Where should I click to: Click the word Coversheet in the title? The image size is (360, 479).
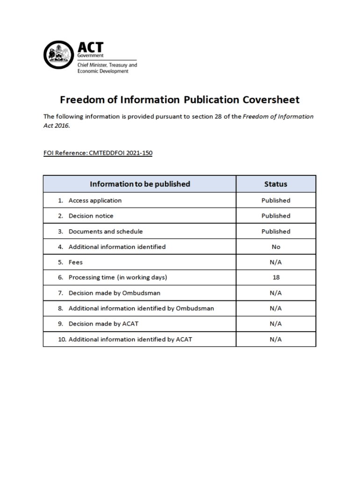point(271,100)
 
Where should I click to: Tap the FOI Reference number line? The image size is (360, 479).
point(98,153)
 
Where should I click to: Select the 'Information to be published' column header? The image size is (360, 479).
point(140,184)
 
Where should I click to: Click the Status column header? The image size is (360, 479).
point(275,184)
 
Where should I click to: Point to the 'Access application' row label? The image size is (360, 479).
point(95,200)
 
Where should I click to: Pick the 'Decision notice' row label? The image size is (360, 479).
point(91,216)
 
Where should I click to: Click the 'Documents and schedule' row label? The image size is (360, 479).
point(106,231)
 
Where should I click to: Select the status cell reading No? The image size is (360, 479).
point(276,247)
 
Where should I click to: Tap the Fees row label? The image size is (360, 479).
point(75,262)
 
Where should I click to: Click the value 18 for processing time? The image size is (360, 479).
point(276,277)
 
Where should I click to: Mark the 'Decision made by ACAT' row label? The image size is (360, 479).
point(103,324)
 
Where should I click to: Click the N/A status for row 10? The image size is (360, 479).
point(276,339)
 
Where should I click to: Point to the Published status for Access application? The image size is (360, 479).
point(276,200)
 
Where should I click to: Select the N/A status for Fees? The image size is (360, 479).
point(276,262)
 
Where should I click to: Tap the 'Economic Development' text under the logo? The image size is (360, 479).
point(102,71)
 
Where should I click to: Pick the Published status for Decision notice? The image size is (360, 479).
point(276,216)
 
